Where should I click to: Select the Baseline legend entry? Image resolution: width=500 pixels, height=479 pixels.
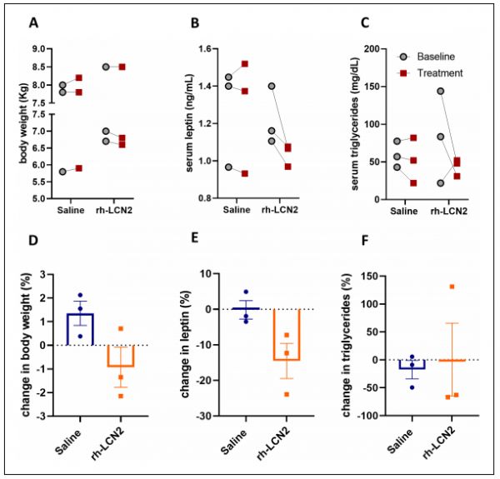click(x=444, y=57)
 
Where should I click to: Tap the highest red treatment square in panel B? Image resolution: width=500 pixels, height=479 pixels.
click(x=245, y=64)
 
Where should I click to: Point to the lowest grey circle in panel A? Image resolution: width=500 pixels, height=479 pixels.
click(x=63, y=172)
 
